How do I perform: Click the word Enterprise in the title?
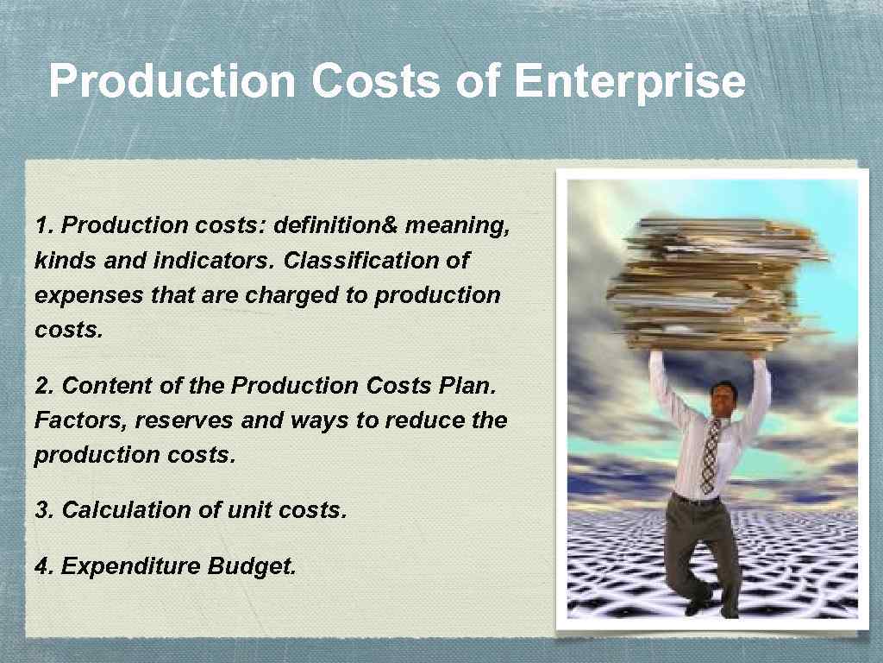tap(629, 82)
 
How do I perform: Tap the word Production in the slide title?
tap(172, 82)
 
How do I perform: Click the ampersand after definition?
tap(388, 225)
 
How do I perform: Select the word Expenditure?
tap(131, 566)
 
